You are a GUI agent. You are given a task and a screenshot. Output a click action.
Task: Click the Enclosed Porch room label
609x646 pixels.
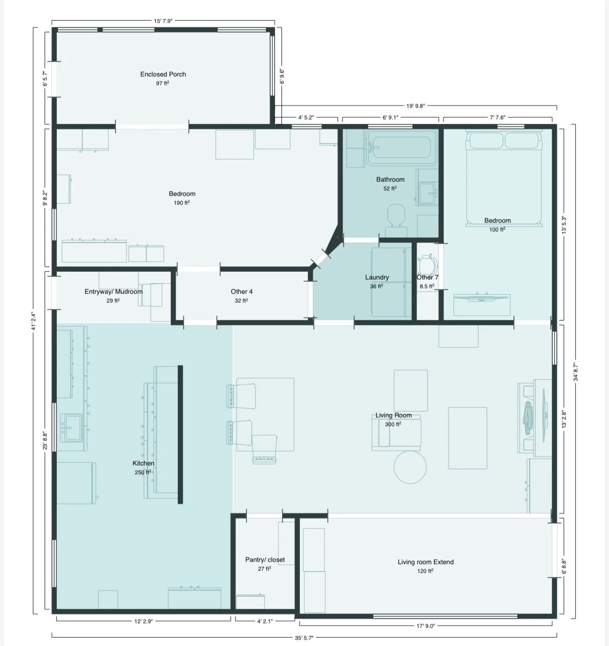(163, 74)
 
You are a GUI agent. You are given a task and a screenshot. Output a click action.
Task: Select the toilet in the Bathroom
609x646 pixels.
(396, 221)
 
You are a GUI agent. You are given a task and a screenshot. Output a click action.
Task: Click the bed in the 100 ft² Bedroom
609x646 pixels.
(504, 178)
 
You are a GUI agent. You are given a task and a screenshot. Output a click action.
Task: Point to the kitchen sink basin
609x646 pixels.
(71, 427)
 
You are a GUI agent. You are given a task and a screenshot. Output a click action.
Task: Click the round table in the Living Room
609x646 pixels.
(410, 467)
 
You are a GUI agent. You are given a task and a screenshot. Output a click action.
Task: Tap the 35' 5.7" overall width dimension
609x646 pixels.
(304, 638)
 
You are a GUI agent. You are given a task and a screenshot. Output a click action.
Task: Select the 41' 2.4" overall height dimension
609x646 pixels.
(34, 321)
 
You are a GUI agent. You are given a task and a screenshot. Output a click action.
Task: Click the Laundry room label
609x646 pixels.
(377, 277)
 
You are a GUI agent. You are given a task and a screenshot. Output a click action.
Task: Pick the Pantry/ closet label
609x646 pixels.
(265, 559)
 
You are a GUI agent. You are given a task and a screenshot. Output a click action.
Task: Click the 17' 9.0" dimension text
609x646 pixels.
(425, 626)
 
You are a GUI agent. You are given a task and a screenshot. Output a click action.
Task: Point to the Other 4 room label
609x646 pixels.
(241, 292)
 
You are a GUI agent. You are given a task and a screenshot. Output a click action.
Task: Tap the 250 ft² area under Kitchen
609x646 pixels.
(143, 472)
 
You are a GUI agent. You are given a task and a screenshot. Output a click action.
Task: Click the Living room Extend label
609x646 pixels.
(425, 562)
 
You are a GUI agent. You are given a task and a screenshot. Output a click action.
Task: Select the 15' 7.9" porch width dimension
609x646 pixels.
(163, 21)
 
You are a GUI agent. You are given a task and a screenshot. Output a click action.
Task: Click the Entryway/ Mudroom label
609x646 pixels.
(113, 292)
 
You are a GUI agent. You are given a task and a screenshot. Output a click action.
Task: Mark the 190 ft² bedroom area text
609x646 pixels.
(181, 203)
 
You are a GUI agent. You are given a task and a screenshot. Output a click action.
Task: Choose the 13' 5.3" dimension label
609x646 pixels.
(564, 225)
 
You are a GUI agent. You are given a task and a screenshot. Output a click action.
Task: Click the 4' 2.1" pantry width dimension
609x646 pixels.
(265, 621)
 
